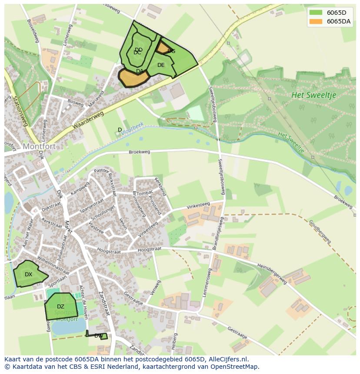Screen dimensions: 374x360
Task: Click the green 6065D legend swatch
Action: pos(316,13)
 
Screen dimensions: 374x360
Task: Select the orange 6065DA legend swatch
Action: pos(316,21)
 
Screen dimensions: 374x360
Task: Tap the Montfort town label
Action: pos(39,146)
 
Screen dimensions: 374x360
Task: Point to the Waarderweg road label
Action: pos(88,120)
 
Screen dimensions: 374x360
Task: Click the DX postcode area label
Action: pos(28,275)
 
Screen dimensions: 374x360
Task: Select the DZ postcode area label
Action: pos(60,307)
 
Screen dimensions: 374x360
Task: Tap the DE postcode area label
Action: pos(161,65)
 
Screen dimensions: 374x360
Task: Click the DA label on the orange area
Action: pos(140,71)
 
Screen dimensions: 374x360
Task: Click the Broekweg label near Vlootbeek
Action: pos(139,152)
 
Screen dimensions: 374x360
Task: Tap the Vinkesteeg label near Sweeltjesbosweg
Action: pos(198,205)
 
